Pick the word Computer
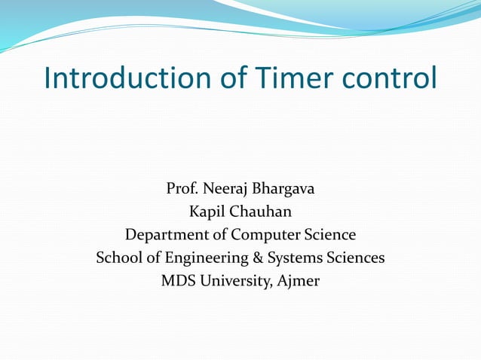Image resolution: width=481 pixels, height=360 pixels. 266,235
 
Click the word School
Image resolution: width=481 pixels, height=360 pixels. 119,258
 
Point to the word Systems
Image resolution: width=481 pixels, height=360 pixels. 294,258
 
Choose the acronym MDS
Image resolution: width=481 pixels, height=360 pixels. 178,282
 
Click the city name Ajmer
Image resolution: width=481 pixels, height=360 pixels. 299,282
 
